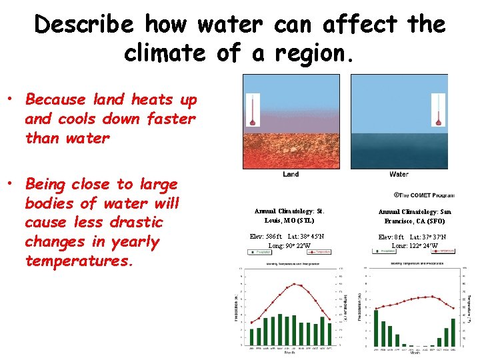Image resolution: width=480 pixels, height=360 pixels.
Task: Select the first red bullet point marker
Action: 11,100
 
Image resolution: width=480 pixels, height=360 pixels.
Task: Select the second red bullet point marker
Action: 11,185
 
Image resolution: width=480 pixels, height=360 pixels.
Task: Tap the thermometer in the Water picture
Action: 437,109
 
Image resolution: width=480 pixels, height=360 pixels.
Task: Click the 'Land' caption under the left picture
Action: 291,175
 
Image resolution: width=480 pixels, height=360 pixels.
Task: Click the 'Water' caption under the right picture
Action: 399,175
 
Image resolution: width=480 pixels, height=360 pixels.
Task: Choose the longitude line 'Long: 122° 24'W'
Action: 415,246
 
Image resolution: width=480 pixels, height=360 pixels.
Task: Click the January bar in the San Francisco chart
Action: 375,327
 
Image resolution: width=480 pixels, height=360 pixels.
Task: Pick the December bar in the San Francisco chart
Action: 453,332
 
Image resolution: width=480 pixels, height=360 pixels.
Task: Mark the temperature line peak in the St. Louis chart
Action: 294,284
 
